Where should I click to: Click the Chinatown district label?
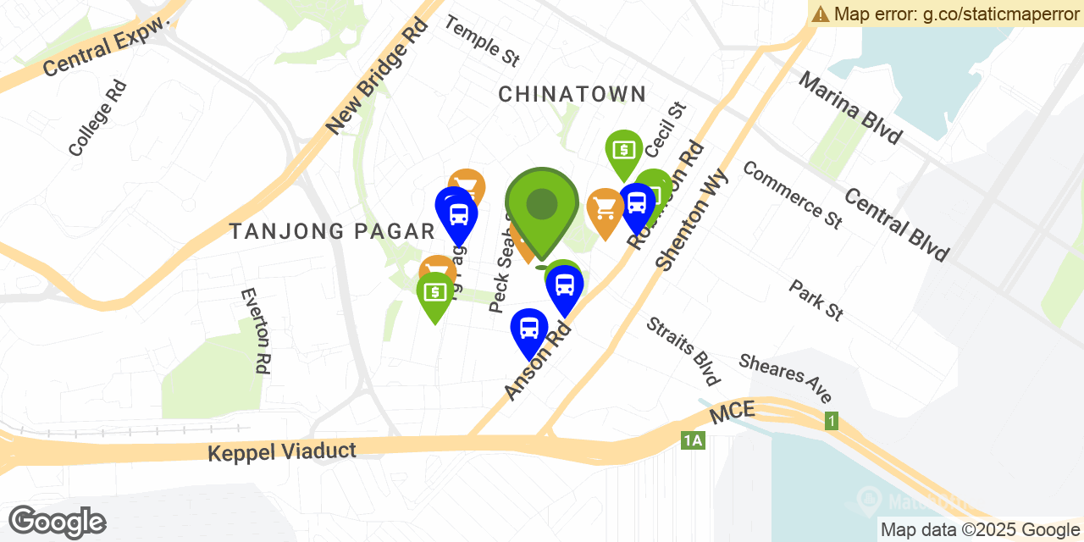tap(572, 94)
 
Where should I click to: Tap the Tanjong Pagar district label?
tap(332, 230)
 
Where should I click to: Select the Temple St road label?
tap(482, 41)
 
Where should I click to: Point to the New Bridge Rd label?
tap(377, 77)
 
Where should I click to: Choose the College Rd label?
tap(97, 118)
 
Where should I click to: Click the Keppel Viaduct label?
tap(282, 451)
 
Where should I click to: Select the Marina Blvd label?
tap(849, 108)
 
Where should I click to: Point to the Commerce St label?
tap(792, 195)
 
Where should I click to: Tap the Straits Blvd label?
tap(683, 351)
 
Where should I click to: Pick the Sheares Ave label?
tap(785, 378)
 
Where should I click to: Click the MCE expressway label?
tap(732, 414)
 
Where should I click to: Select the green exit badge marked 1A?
tap(692, 440)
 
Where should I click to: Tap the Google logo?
tap(57, 522)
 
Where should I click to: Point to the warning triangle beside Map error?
tap(821, 14)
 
